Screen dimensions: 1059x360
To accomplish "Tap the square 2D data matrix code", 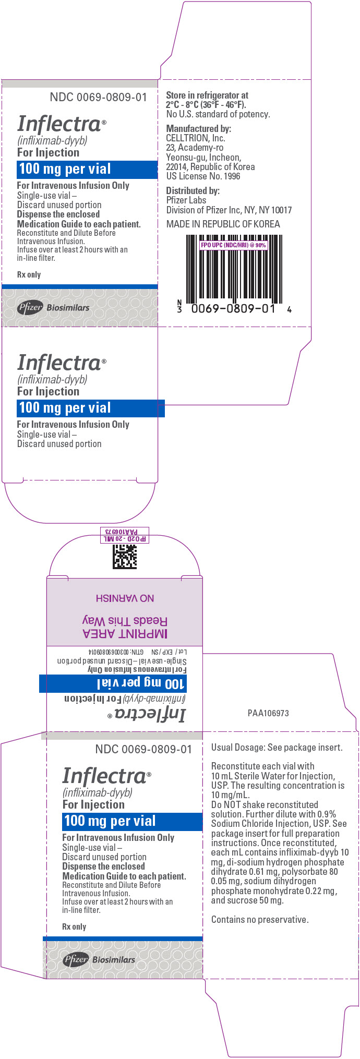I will [125, 557].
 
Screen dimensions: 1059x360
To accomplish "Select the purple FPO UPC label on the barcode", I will [233, 245].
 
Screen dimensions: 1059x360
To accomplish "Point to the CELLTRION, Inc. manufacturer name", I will [196, 138].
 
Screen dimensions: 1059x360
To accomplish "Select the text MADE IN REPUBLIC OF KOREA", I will [223, 224].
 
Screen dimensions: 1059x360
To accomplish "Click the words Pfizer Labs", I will [186, 200].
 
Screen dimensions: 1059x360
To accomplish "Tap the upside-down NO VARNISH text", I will [125, 598].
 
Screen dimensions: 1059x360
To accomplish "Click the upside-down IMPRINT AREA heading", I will [125, 633].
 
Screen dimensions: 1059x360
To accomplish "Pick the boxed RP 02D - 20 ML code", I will [125, 538].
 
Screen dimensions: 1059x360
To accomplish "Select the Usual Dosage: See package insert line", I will [277, 748].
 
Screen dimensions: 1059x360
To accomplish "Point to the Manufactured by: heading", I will [198, 128].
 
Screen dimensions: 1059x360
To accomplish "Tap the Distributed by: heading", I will [193, 191].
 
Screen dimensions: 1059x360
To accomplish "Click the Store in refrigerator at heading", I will [207, 95].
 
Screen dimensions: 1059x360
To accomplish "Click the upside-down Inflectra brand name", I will [150, 715].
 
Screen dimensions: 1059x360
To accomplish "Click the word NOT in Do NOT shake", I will [232, 805].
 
